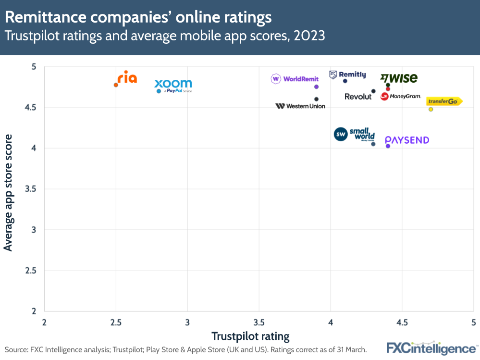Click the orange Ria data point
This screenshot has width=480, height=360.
click(x=116, y=85)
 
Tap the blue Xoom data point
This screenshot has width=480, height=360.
click(x=159, y=91)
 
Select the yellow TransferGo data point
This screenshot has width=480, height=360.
click(x=431, y=109)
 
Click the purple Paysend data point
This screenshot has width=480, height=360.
click(x=388, y=146)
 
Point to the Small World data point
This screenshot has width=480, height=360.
click(x=373, y=144)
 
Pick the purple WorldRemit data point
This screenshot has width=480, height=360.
click(x=316, y=87)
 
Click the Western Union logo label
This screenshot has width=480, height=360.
click(x=300, y=106)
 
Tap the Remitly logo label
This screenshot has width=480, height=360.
click(x=347, y=74)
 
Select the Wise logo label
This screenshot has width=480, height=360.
click(x=399, y=78)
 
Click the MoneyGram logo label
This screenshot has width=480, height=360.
click(x=401, y=96)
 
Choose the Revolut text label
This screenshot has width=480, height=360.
click(x=358, y=97)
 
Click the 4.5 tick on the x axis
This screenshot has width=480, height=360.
click(x=402, y=321)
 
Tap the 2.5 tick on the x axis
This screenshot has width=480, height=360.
click(x=115, y=321)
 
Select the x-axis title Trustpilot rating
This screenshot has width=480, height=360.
click(x=250, y=335)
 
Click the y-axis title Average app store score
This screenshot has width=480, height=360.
click(x=8, y=192)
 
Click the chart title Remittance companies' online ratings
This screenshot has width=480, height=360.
click(x=138, y=17)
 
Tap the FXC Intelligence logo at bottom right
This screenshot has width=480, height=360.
click(x=431, y=348)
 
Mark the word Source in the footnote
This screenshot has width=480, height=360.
click(x=16, y=349)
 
